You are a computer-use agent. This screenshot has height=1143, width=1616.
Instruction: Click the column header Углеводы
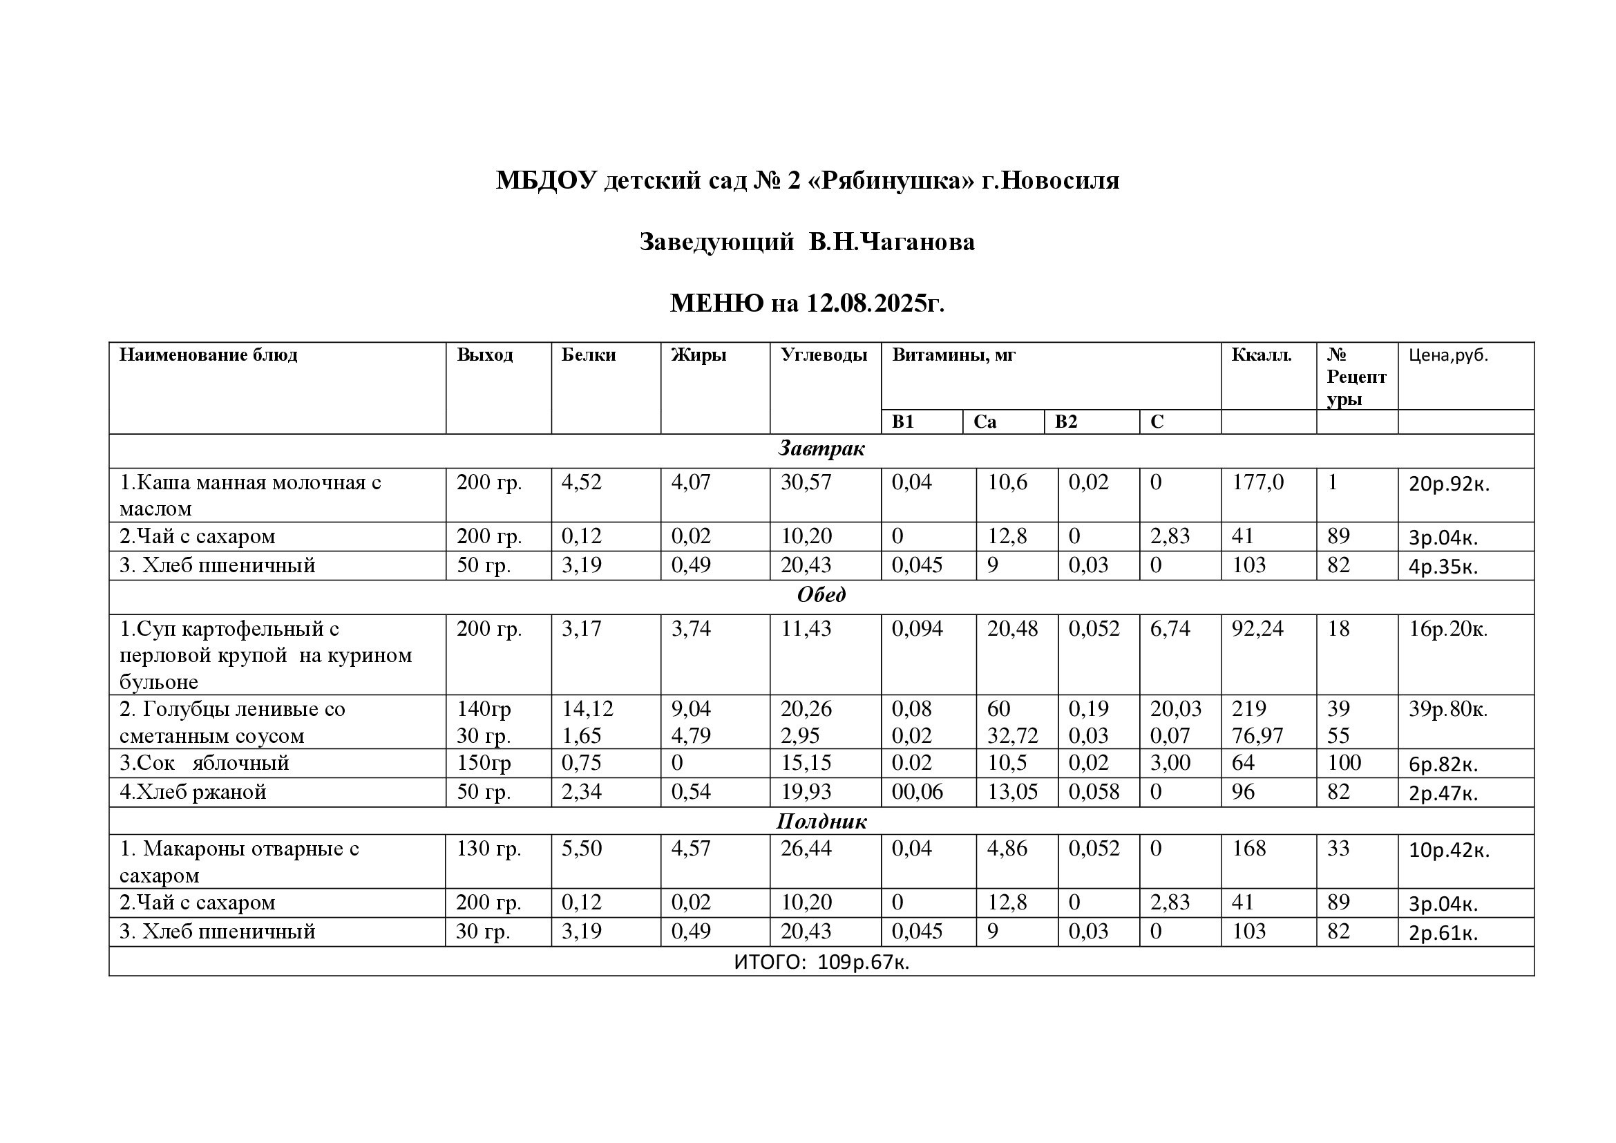(824, 355)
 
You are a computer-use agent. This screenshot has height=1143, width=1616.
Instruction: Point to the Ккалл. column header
(1262, 355)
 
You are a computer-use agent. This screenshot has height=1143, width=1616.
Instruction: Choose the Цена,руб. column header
(1449, 355)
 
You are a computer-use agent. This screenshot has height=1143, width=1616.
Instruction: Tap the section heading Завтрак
(821, 449)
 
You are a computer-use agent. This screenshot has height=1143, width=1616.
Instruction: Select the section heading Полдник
(821, 822)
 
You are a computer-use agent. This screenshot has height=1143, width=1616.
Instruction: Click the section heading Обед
(821, 596)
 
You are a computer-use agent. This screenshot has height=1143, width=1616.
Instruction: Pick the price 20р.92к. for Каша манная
(1449, 484)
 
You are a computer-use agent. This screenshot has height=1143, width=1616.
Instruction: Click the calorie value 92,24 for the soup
(1257, 628)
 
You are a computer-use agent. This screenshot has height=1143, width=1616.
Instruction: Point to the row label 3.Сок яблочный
(205, 763)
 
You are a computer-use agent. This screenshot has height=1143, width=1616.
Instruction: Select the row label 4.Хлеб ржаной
(193, 793)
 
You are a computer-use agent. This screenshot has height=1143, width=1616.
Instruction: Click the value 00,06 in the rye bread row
(916, 793)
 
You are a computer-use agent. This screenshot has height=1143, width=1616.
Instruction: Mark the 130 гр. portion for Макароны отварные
(488, 849)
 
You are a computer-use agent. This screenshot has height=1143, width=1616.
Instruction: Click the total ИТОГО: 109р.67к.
(821, 962)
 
